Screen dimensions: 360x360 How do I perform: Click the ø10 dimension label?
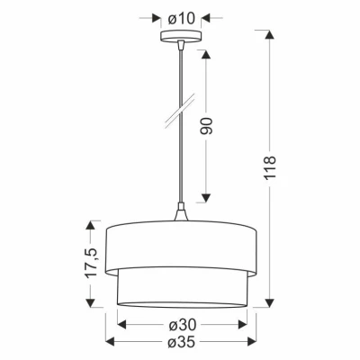(180, 16)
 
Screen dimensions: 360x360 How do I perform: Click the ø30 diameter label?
(180, 326)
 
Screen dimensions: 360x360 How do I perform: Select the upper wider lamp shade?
(180, 245)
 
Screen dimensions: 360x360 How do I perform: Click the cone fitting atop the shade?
(180, 216)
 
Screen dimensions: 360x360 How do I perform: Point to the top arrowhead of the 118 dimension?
(270, 35)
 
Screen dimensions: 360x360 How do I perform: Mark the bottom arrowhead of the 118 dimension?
(270, 303)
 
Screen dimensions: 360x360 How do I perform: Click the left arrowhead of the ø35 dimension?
(111, 342)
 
